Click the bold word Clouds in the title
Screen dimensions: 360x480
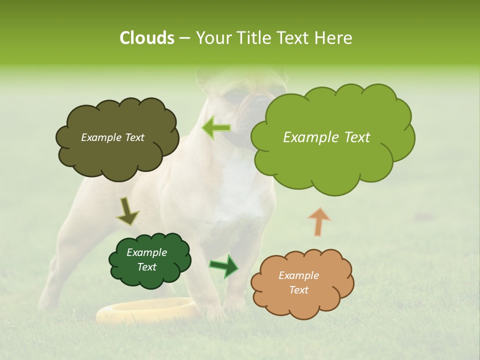146,38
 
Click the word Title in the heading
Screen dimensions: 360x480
253,38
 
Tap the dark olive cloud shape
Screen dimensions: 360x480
117,150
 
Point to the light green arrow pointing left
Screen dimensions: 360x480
216,128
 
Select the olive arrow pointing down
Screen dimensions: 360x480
127,211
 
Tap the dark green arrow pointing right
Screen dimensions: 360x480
223,266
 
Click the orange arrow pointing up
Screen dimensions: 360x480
319,221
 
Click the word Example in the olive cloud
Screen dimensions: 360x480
100,137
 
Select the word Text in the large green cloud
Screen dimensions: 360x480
353,137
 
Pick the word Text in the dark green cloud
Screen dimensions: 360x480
147,267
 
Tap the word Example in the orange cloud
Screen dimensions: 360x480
298,275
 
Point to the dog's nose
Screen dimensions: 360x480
261,101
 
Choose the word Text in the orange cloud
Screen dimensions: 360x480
298,290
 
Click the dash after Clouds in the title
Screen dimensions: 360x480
184,38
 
